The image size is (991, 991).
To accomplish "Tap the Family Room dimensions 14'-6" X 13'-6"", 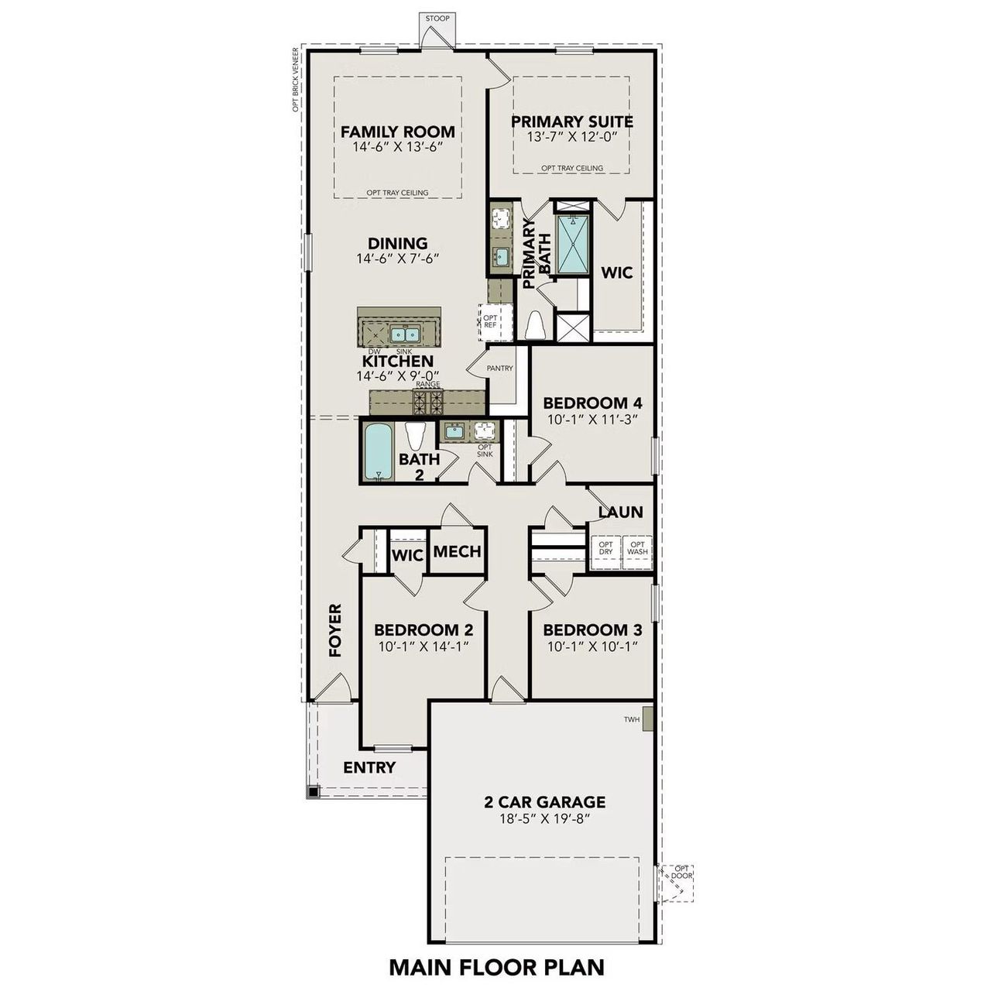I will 397,147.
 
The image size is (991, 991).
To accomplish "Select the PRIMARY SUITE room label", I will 571,122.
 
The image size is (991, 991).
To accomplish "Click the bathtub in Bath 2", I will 379,451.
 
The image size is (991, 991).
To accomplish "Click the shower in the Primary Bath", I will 572,244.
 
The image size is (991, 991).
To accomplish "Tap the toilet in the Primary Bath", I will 535,325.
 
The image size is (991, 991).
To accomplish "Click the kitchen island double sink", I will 404,334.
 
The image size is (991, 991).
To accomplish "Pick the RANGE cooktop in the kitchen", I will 427,401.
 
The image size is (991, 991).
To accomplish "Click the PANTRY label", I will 499,369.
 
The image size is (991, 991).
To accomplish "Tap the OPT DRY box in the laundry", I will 605,549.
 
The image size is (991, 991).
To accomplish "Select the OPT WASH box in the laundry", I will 637,549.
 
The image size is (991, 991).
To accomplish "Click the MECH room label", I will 457,552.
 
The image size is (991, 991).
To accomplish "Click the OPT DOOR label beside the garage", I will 681,872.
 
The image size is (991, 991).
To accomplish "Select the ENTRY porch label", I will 369,768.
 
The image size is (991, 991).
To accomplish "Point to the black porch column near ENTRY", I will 312,792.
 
